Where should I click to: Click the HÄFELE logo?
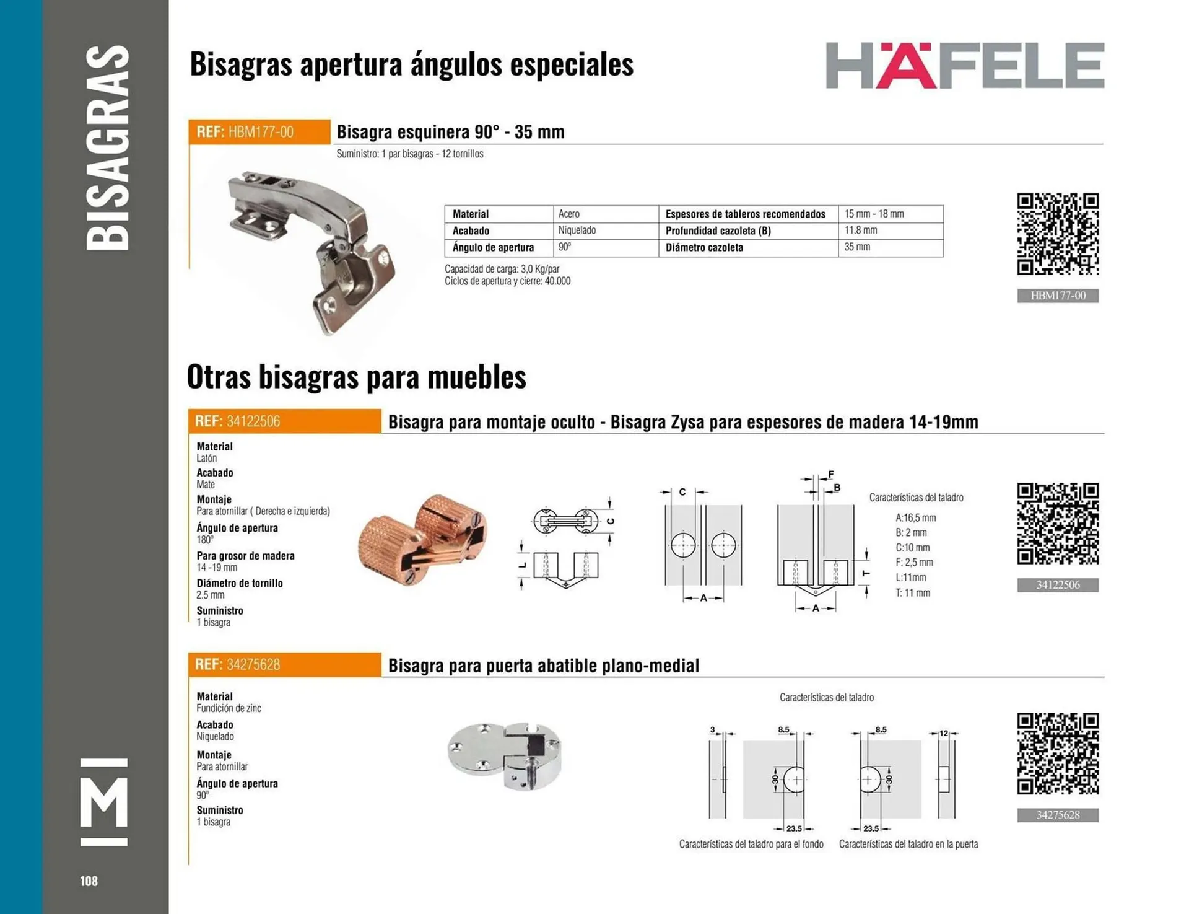[x=964, y=66]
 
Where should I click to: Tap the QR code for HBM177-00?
[x=1058, y=234]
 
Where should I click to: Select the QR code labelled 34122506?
[x=1058, y=524]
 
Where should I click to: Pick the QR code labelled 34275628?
[x=1058, y=754]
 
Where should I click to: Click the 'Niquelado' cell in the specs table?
[x=577, y=231]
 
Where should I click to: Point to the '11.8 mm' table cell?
[x=861, y=231]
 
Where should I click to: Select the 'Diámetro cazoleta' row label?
[x=704, y=247]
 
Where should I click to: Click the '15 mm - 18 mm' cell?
[x=874, y=214]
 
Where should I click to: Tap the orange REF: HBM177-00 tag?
[x=259, y=132]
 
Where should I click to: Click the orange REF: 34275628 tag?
[x=284, y=665]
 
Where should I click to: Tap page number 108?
[x=89, y=881]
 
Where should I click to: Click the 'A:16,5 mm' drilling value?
[x=915, y=518]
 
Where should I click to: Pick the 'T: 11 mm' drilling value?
[x=913, y=593]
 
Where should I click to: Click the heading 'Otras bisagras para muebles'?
[x=357, y=377]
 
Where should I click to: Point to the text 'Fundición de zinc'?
[x=229, y=708]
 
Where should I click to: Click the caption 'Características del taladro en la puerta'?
[x=908, y=844]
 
